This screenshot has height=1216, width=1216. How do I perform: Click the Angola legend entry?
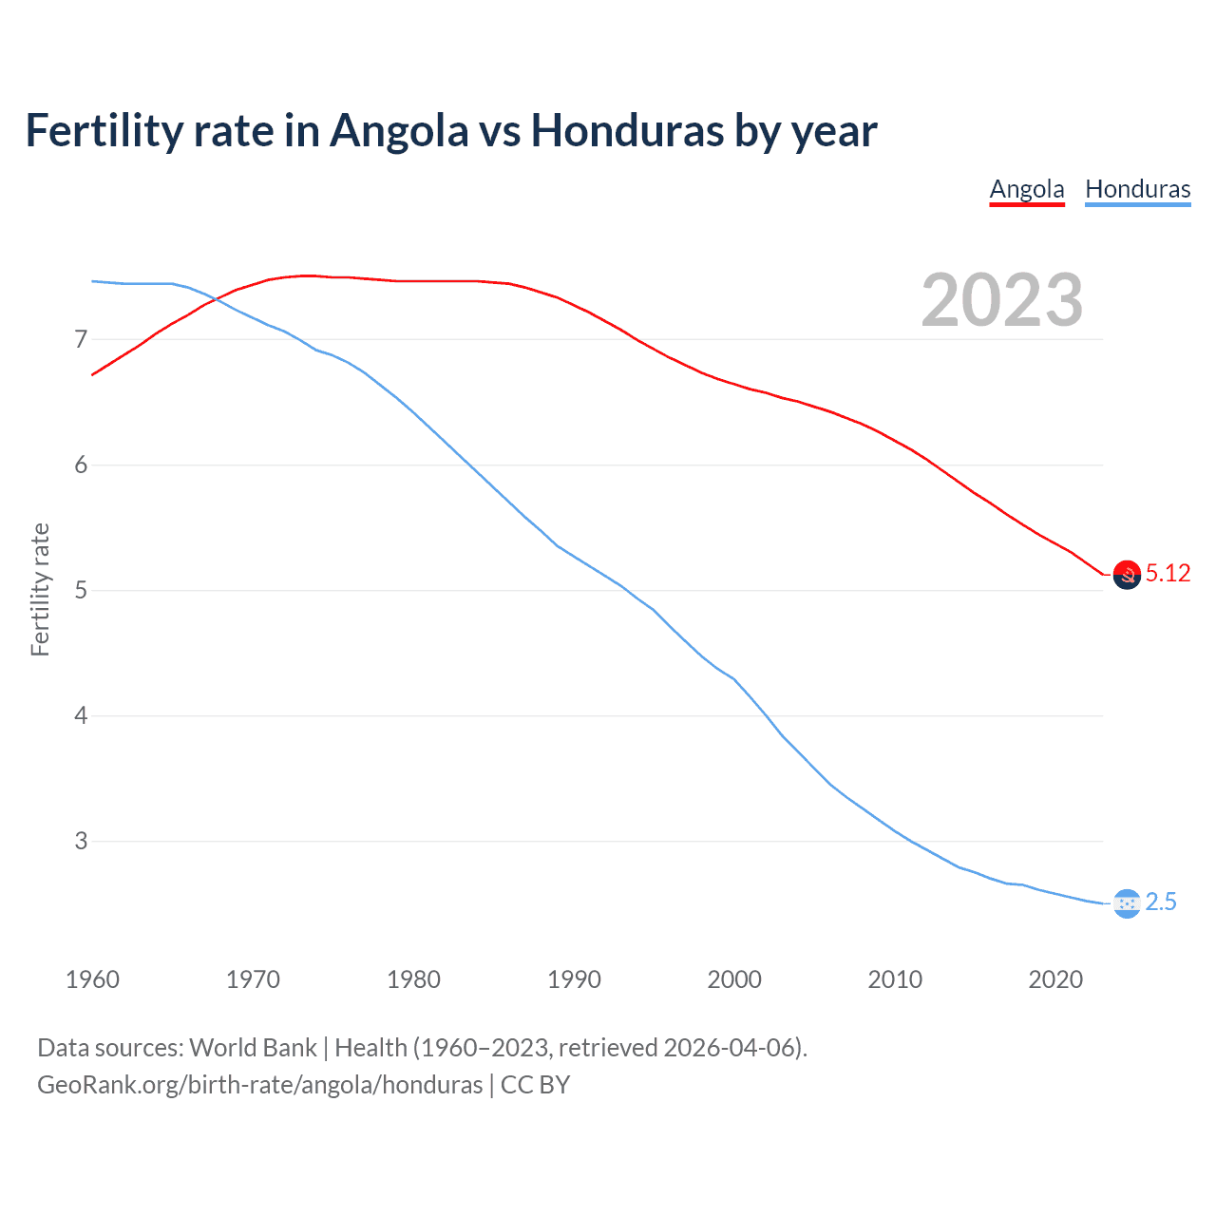1026,189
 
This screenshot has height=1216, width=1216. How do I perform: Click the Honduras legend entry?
1137,189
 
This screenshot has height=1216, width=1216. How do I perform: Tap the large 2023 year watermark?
1001,300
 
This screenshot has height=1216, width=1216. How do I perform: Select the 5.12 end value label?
1168,573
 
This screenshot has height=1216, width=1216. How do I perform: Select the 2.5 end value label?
1161,902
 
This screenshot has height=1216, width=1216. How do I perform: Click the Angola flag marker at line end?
1127,575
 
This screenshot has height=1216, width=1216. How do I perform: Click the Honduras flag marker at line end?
1127,903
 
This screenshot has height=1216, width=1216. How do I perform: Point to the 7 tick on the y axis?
81,339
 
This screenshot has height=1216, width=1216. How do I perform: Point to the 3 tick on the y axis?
81,841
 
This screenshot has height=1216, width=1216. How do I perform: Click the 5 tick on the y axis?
81,590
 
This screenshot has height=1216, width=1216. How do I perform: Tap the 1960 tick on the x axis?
92,979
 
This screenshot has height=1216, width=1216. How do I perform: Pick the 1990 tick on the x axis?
574,979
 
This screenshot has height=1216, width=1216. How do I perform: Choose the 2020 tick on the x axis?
1055,979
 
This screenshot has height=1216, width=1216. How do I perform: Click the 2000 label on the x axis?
734,979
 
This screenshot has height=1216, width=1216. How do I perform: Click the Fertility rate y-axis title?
40,589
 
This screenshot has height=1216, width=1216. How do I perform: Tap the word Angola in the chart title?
399,130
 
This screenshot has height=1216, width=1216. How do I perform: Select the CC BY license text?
535,1085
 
